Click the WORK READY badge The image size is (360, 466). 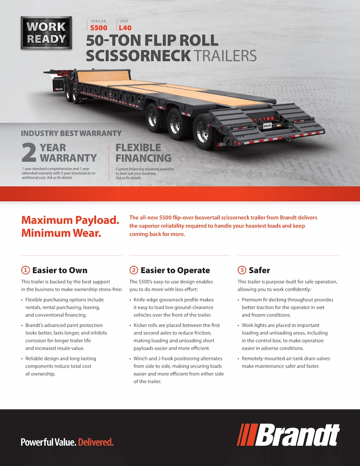(x=46, y=32)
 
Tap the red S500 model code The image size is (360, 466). (x=98, y=28)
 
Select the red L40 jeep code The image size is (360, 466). (x=125, y=28)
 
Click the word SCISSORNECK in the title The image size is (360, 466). (x=138, y=55)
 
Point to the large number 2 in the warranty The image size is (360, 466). (x=29, y=153)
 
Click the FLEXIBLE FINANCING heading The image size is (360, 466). (x=143, y=153)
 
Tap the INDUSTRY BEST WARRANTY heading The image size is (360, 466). (x=71, y=133)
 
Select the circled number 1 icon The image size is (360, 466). (x=25, y=270)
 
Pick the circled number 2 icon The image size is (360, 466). (x=133, y=270)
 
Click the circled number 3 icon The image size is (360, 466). (x=241, y=270)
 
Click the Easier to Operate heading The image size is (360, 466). (x=175, y=270)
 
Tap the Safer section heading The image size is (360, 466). (x=259, y=270)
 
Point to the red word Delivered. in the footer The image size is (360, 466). (x=96, y=442)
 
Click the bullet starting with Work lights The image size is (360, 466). (x=285, y=336)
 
